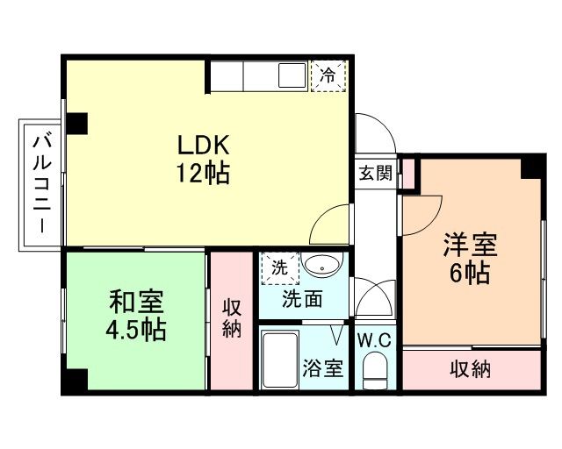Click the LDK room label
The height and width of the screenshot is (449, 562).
click(x=203, y=145)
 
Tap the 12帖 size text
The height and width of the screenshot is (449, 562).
click(x=203, y=173)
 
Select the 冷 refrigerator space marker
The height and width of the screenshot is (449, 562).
click(x=328, y=76)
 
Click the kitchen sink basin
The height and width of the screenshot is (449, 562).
click(x=292, y=75)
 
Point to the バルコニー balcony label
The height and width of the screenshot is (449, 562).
click(x=42, y=184)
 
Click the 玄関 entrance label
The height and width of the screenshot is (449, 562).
click(x=376, y=174)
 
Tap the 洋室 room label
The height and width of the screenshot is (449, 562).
click(x=470, y=245)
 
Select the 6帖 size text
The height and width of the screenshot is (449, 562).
click(x=470, y=273)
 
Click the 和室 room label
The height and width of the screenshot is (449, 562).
click(x=136, y=302)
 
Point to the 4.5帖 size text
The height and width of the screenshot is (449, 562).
click(x=136, y=330)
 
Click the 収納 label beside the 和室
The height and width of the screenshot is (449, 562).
click(x=232, y=318)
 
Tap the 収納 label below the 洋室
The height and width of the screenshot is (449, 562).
click(x=470, y=369)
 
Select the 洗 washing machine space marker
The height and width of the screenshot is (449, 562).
click(x=279, y=268)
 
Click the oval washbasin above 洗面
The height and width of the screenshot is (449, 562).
click(x=322, y=265)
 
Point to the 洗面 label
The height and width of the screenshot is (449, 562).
click(x=302, y=299)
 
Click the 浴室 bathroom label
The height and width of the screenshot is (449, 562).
click(x=323, y=367)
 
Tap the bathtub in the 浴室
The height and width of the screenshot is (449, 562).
click(x=280, y=360)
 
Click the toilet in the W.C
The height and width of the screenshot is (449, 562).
click(x=375, y=371)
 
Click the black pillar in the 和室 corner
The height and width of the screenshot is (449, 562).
click(x=76, y=380)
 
